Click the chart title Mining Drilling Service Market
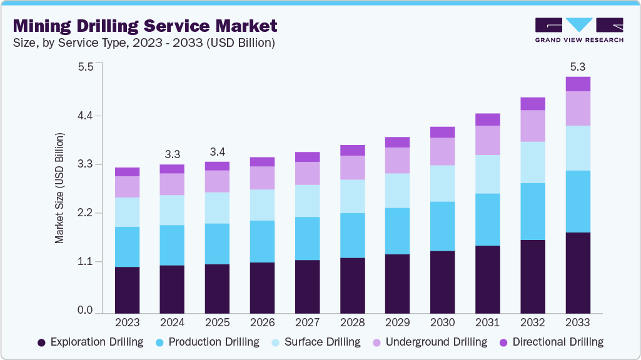[x=145, y=26]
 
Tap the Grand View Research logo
[x=578, y=30]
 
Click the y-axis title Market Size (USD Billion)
[x=60, y=188]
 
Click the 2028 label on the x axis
[x=352, y=322]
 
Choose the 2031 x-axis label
[x=487, y=322]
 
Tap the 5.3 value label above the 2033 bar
[x=577, y=66]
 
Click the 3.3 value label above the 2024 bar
[x=173, y=154]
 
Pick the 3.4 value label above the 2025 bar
[x=218, y=152]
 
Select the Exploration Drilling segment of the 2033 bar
[x=577, y=272]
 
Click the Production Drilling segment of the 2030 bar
[x=442, y=226]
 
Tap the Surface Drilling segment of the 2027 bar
[x=307, y=201]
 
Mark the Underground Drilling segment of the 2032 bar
[x=532, y=126]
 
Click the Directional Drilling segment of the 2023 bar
[x=128, y=172]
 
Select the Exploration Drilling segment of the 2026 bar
[x=262, y=287]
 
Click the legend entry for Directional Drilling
[x=551, y=342]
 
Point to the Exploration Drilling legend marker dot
[x=42, y=342]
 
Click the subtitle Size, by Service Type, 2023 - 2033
[x=144, y=42]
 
